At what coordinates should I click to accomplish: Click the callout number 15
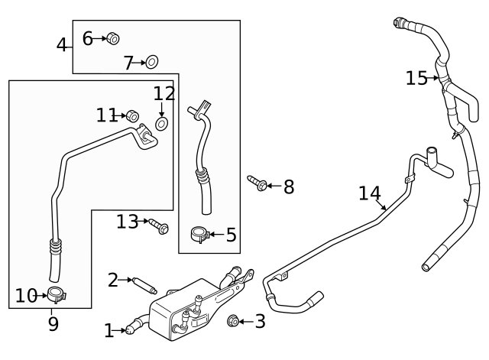tap(416, 78)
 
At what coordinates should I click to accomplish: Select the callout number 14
tap(370, 193)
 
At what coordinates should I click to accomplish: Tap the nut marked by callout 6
tap(112, 37)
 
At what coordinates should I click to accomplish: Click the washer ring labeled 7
tap(152, 61)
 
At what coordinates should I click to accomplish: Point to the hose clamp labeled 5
tap(199, 234)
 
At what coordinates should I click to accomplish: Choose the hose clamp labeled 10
tap(55, 294)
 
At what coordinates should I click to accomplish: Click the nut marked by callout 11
tap(131, 116)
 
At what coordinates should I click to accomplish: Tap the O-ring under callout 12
tap(162, 123)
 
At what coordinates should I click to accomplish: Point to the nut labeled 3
tap(233, 321)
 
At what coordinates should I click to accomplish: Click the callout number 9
tap(53, 324)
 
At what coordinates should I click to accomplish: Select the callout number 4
tap(62, 45)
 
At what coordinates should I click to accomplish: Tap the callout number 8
tap(289, 187)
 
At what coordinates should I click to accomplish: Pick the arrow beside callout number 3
tap(244, 322)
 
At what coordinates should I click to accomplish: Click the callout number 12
tap(164, 94)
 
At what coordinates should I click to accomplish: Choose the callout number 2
tap(113, 281)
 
